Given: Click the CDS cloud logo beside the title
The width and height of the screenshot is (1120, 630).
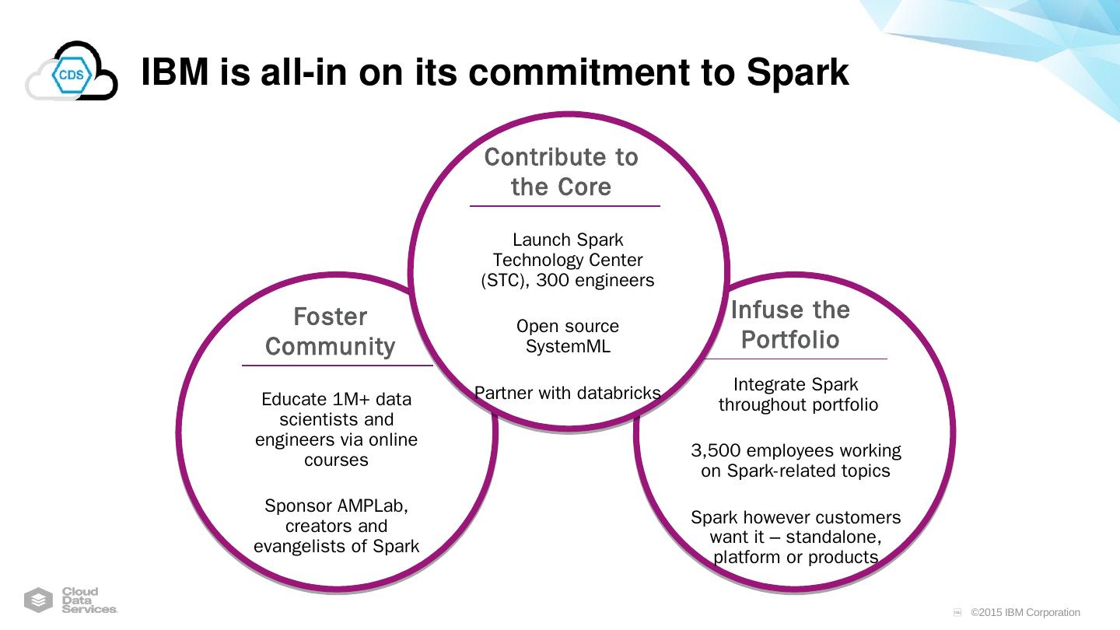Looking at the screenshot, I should tap(71, 72).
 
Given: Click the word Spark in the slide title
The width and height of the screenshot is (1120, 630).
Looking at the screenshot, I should tap(797, 72).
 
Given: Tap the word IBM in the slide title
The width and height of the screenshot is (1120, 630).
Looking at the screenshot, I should tap(175, 72).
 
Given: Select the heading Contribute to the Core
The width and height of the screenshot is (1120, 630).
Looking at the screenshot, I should tap(561, 172).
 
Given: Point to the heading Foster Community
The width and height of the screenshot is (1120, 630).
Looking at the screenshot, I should tap(330, 331).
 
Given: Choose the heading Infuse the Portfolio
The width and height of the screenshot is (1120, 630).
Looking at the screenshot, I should tap(790, 324).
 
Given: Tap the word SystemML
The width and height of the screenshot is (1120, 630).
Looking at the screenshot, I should tap(568, 347).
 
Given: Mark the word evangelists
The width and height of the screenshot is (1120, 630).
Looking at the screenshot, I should tap(310, 547).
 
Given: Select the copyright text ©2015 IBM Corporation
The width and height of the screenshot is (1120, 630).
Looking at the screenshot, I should tap(1025, 612).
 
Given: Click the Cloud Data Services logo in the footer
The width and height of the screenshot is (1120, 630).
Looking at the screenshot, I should tap(71, 600).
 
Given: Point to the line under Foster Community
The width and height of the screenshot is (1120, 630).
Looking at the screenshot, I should tap(337, 365).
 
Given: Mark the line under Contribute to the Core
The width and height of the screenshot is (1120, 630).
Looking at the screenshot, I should tap(565, 206).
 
